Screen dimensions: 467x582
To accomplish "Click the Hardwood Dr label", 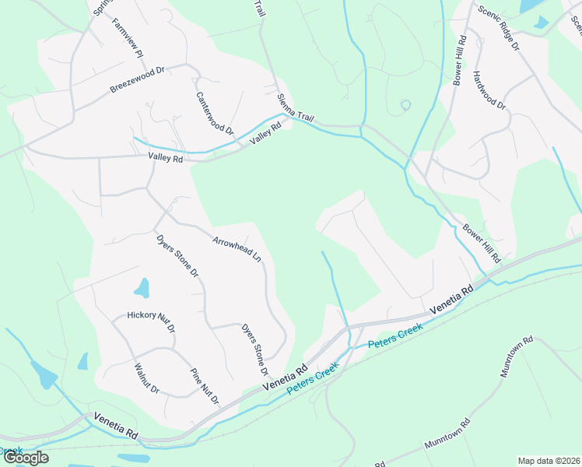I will click(489, 94).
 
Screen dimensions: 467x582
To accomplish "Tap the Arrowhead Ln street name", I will click(237, 248).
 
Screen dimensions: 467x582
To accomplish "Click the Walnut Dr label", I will click(146, 378).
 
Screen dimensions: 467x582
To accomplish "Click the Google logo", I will click(26, 458).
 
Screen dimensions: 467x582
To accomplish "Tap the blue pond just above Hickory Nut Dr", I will click(142, 289).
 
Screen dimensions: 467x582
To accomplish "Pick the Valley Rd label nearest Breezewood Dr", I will click(165, 159).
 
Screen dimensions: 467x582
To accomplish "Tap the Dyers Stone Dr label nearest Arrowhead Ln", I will click(177, 257).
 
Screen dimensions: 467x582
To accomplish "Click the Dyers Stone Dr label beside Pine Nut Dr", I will click(254, 347).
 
